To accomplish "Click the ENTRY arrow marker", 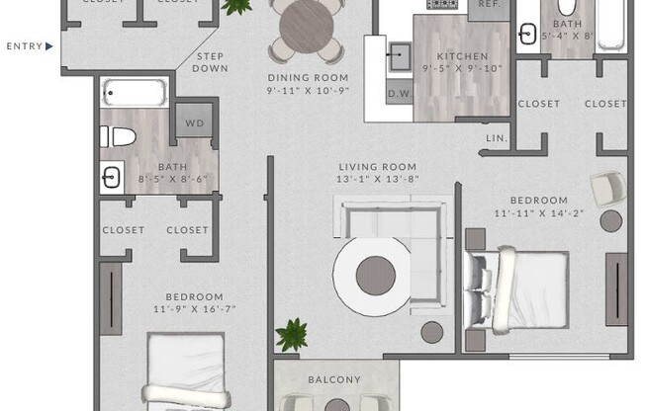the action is [x=49, y=46].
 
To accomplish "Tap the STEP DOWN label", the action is [x=210, y=62].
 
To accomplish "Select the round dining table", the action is [x=307, y=27].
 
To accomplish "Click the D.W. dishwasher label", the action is [x=400, y=94].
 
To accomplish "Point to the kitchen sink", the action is [x=399, y=56].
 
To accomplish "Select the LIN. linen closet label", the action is [x=497, y=138].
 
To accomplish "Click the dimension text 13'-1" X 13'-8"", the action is [x=378, y=179].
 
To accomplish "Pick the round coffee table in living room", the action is [x=376, y=276].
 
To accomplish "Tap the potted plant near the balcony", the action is [x=292, y=335].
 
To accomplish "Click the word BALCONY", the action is [x=334, y=379].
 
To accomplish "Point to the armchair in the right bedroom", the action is [x=608, y=189].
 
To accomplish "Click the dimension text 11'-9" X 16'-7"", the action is [x=195, y=309].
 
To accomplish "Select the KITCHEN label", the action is [x=462, y=56].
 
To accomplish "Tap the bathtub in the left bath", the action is [x=135, y=93].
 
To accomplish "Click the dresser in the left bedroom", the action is [x=111, y=298].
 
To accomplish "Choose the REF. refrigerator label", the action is [x=490, y=4].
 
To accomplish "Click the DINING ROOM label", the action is [x=308, y=78].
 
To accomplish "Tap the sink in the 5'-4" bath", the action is [x=527, y=34].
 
